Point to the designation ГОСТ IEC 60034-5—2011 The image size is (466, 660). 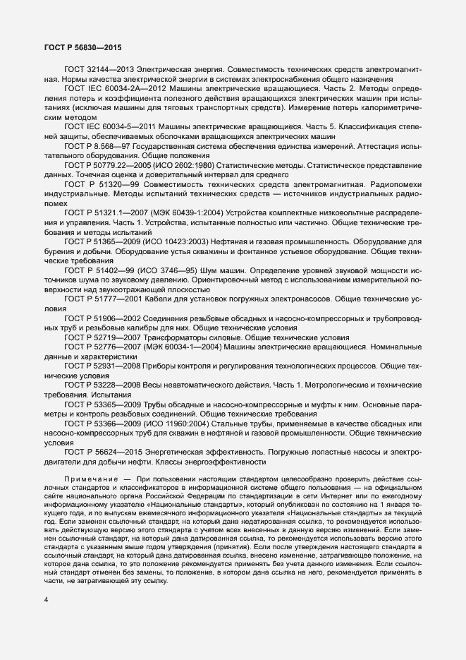click(x=104, y=125)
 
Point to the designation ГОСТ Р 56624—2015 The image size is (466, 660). click(x=104, y=452)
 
